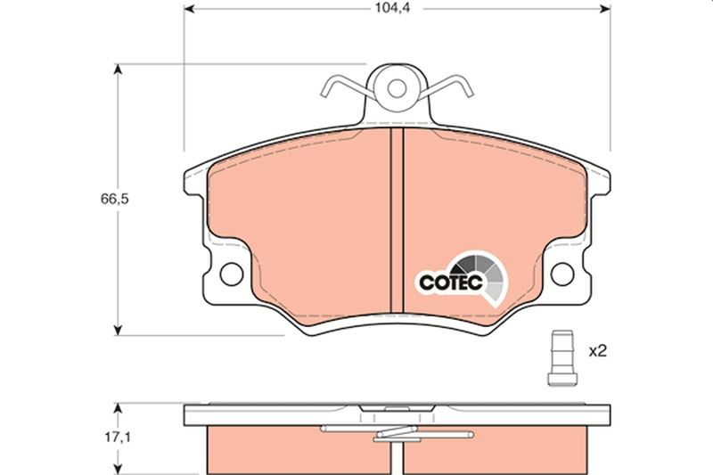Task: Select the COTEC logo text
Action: pyautogui.click(x=451, y=282)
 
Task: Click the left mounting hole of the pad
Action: pyautogui.click(x=230, y=273)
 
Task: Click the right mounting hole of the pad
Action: pyautogui.click(x=562, y=273)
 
